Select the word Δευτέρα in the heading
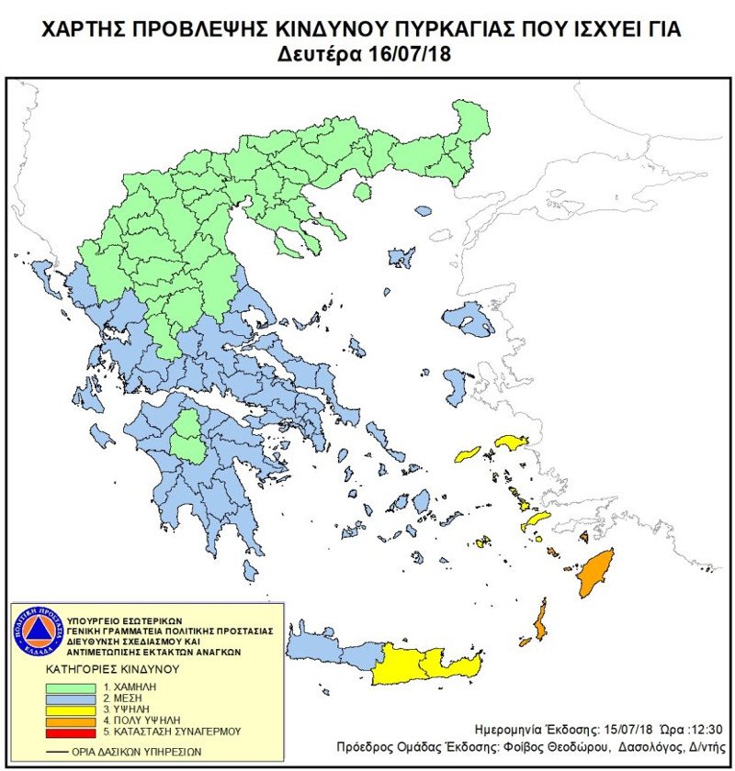tap(320, 54)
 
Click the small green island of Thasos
tap(362, 192)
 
